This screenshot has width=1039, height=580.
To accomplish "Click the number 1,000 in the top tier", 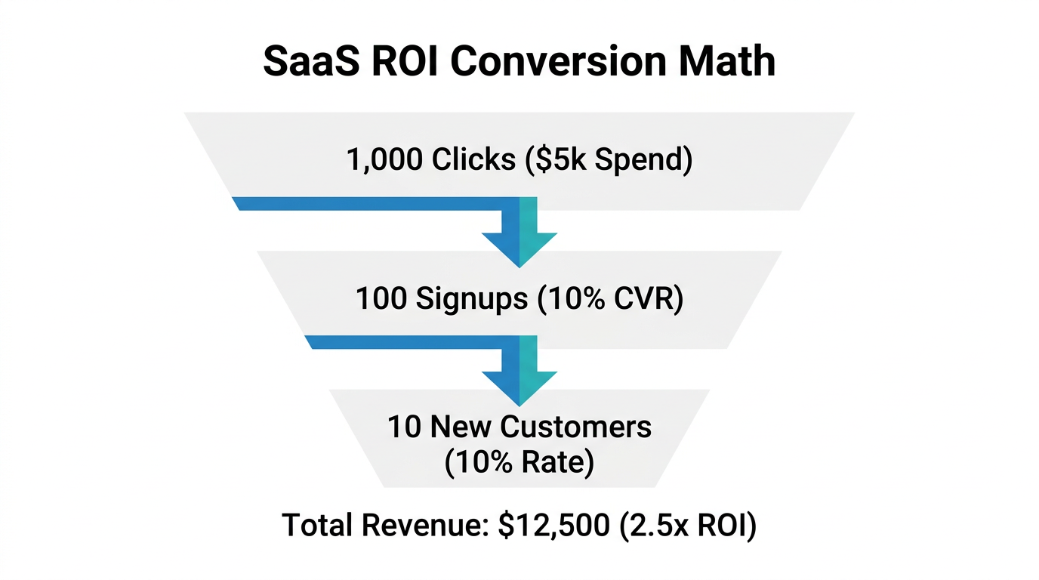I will tap(384, 160).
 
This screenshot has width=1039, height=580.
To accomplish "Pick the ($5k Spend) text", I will tap(606, 160).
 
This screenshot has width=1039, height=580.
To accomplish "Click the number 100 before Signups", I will tap(381, 299).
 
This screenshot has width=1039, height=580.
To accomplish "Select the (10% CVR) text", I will tap(609, 299).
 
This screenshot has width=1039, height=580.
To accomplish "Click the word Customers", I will tap(575, 427).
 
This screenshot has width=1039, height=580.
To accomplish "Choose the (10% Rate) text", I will tap(519, 462).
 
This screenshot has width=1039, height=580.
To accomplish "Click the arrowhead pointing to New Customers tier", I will tap(519, 387).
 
